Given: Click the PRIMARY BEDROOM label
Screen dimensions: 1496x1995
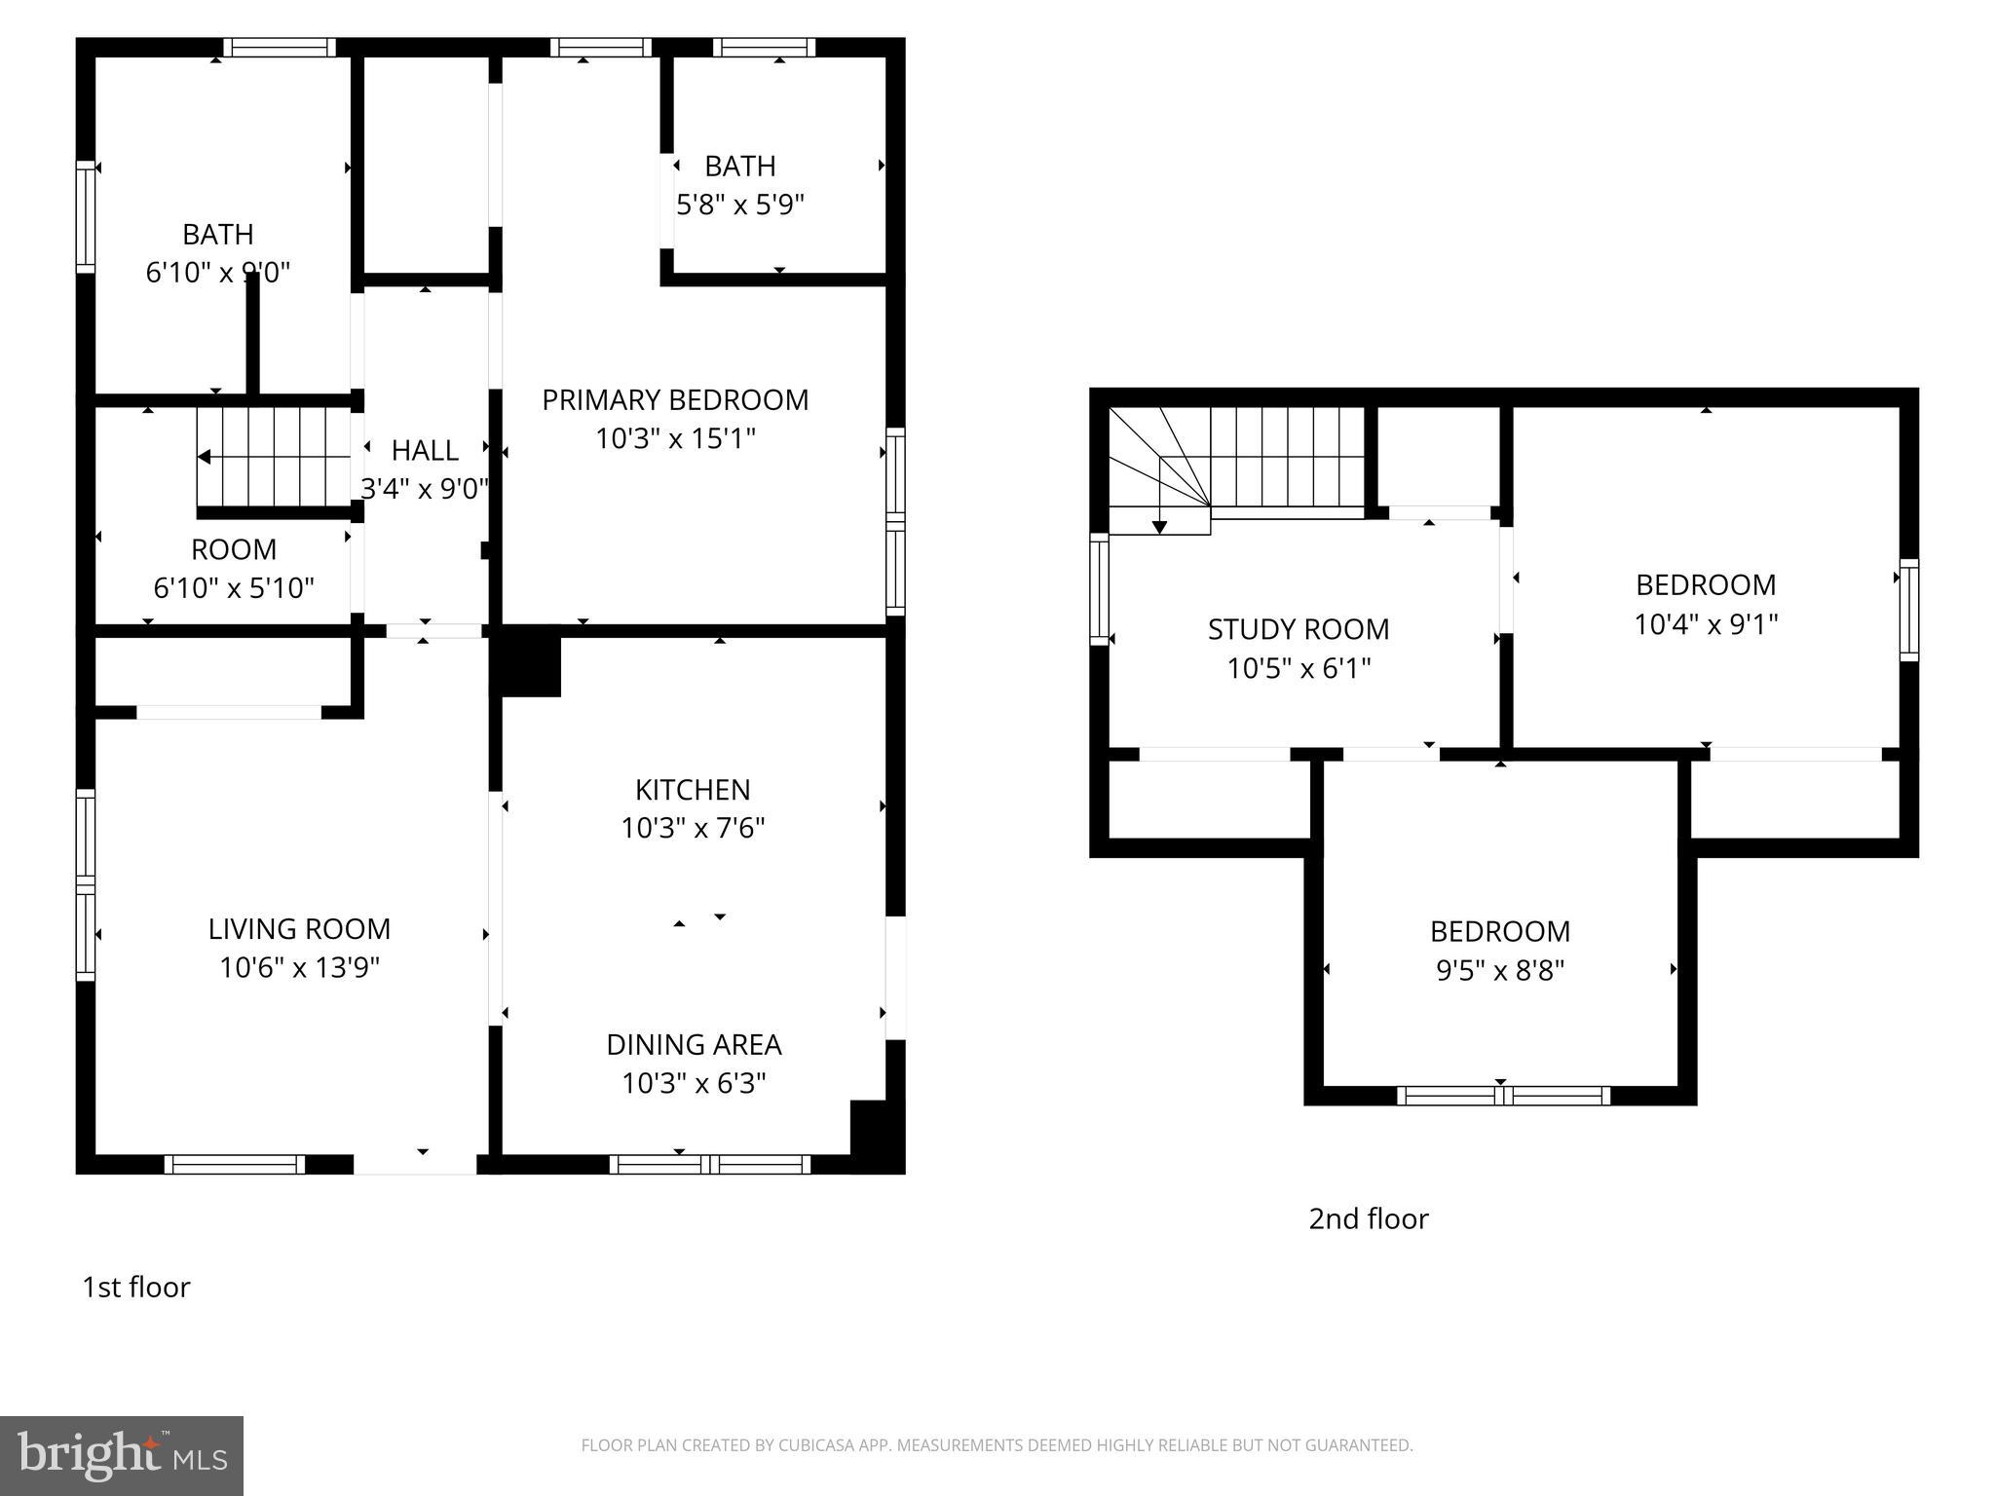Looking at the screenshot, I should click(x=675, y=400).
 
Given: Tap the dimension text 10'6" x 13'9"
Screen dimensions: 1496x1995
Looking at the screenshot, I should click(x=299, y=968).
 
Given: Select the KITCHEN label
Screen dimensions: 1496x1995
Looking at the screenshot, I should click(x=693, y=790).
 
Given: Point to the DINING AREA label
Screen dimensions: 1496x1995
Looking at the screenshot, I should click(x=694, y=1045).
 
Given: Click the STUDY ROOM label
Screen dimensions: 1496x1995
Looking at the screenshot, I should click(x=1299, y=630).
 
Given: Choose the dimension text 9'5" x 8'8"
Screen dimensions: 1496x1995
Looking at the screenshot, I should click(x=1500, y=971).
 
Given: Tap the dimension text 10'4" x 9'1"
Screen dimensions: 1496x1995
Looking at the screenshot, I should click(x=1706, y=624).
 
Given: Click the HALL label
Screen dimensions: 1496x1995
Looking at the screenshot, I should click(x=425, y=451).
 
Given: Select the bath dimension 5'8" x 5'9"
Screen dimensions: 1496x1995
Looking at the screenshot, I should click(x=740, y=206).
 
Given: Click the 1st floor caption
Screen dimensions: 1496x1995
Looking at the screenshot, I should click(x=136, y=1288).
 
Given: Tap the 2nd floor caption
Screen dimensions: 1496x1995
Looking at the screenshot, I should click(x=1368, y=1219).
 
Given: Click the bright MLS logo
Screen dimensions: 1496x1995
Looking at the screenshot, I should click(x=121, y=1455).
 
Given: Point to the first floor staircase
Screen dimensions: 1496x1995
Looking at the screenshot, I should click(x=274, y=457).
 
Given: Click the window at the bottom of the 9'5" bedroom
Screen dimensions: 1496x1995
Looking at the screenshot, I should click(x=1503, y=1096).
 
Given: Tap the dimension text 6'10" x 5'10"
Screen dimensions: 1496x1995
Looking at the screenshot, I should click(x=234, y=588).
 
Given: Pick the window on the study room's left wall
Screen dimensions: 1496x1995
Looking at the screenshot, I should click(x=1099, y=588).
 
